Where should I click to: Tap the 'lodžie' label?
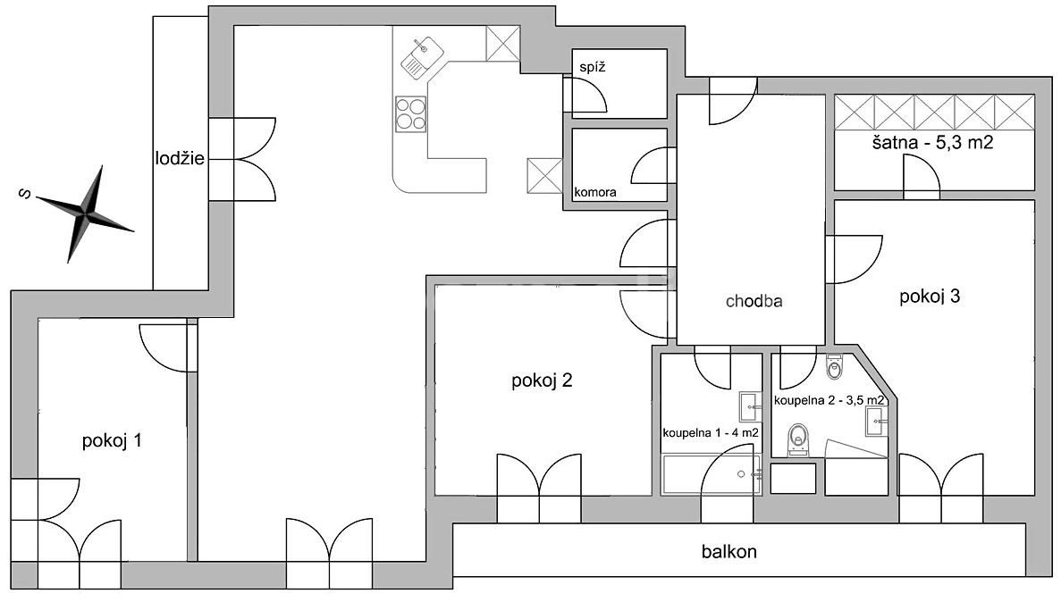[x=178, y=160]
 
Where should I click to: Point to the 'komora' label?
[x=595, y=192]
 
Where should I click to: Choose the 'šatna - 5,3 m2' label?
[x=933, y=144]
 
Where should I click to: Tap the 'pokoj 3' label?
[x=930, y=297]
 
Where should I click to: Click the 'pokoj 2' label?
[x=542, y=381]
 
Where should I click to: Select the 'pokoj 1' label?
[x=112, y=440]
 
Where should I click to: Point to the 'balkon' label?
[x=728, y=552]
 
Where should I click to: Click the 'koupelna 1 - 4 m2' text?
[x=711, y=433]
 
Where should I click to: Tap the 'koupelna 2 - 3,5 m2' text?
[x=829, y=400]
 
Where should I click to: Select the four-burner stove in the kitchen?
[x=411, y=113]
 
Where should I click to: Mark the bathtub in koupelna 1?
[x=712, y=475]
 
